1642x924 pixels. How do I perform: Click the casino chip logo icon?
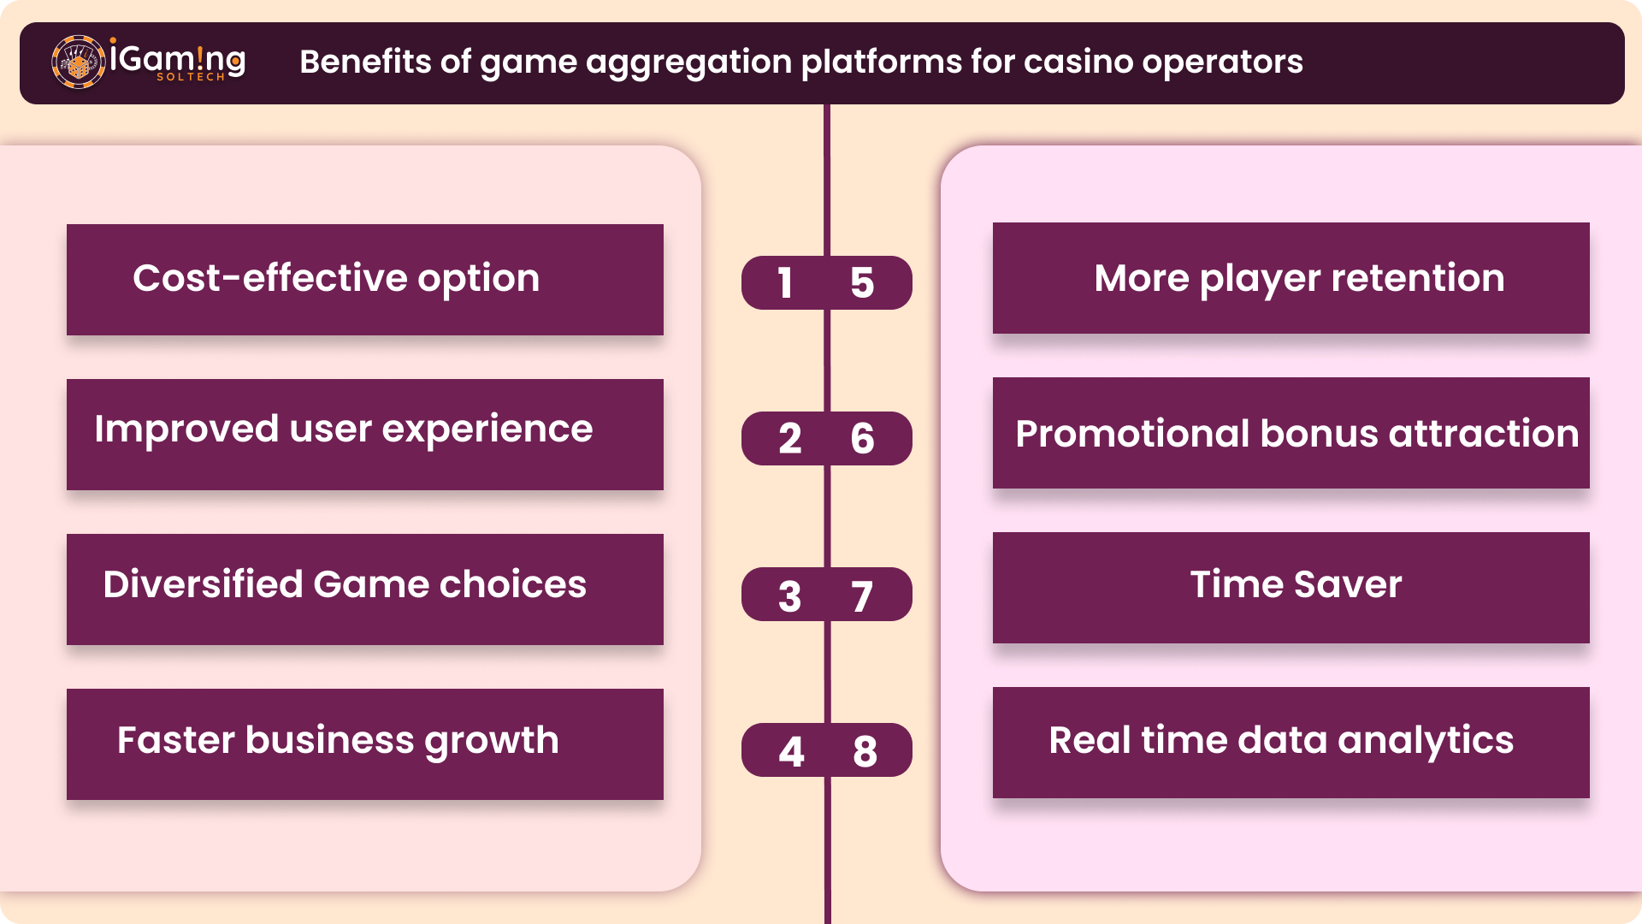[79, 62]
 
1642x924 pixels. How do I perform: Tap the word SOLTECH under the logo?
[191, 77]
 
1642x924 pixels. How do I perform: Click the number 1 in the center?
[785, 283]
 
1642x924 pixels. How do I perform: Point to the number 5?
[862, 283]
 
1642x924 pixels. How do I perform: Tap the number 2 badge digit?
[790, 439]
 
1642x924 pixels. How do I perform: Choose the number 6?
[862, 439]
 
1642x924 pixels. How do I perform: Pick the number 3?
[790, 596]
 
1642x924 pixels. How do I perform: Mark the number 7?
[862, 596]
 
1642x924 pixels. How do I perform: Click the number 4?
[791, 752]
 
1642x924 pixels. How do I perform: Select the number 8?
[865, 752]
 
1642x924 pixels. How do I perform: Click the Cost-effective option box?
[365, 280]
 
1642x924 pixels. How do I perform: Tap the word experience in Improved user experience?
[487, 430]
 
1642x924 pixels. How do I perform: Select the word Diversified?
[203, 584]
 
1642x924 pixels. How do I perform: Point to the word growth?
[492, 742]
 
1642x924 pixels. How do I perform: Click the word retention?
[1417, 278]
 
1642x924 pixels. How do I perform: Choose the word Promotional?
[1132, 434]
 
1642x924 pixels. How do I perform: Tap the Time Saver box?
[1291, 588]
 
